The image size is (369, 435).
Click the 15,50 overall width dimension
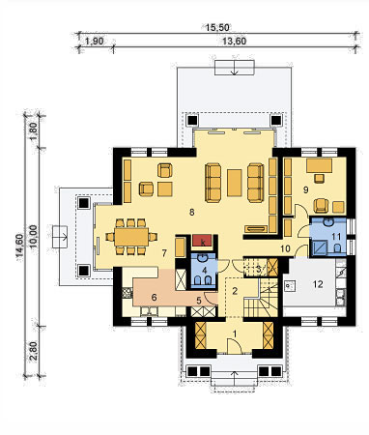(x=217, y=28)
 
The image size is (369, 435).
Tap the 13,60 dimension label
(x=235, y=42)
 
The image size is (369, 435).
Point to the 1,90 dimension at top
(x=94, y=42)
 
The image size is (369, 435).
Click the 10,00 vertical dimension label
(x=34, y=236)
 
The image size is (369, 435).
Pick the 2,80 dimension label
(x=34, y=352)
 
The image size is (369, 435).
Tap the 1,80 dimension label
(x=34, y=131)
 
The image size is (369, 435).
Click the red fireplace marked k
(x=202, y=241)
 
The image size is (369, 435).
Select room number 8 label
(x=192, y=213)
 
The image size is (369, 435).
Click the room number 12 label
(x=318, y=284)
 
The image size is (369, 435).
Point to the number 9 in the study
(x=305, y=189)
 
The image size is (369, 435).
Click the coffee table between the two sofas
(x=235, y=183)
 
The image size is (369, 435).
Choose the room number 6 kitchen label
(x=154, y=298)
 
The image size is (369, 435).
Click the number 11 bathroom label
(x=336, y=237)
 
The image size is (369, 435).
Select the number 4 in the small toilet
(x=204, y=270)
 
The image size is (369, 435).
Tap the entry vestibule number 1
(x=235, y=333)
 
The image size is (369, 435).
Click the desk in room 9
(x=319, y=165)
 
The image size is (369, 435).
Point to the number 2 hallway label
(x=235, y=291)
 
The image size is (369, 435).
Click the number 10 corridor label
(x=285, y=248)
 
